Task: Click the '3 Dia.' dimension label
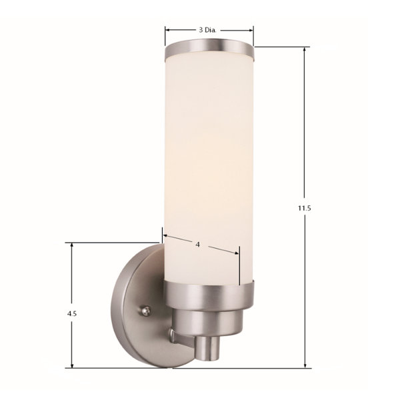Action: point(207,30)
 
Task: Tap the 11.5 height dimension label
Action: point(305,208)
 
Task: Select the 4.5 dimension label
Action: point(72,314)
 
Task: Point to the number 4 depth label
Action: point(198,245)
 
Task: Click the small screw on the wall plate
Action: point(145,311)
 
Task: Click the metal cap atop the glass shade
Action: point(209,49)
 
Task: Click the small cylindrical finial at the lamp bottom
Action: point(207,349)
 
